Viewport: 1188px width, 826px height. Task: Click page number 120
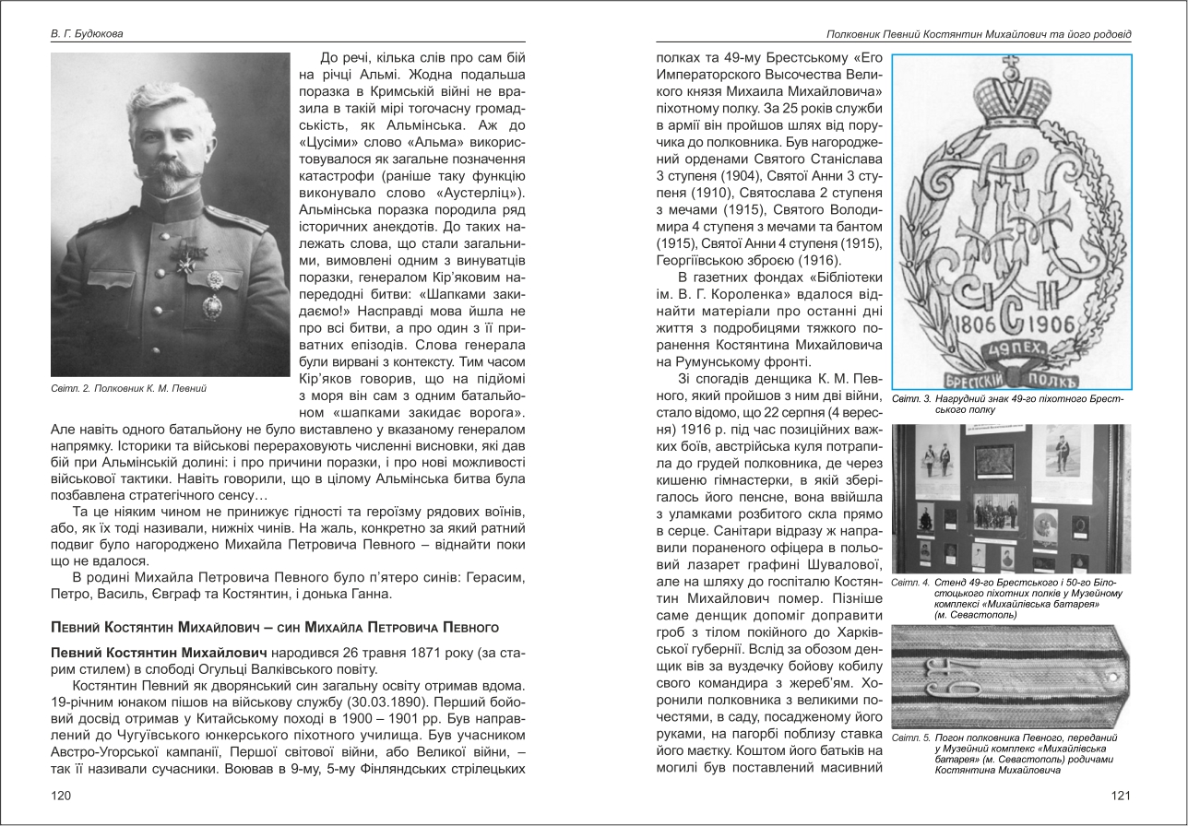(61, 796)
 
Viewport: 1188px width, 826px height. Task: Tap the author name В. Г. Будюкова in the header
(88, 34)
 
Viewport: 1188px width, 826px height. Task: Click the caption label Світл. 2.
(72, 388)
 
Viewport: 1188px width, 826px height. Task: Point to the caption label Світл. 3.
(910, 398)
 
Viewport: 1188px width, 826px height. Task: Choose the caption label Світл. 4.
(910, 584)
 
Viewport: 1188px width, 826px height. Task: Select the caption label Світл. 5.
(910, 738)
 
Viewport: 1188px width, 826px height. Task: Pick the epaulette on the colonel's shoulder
(227, 218)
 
